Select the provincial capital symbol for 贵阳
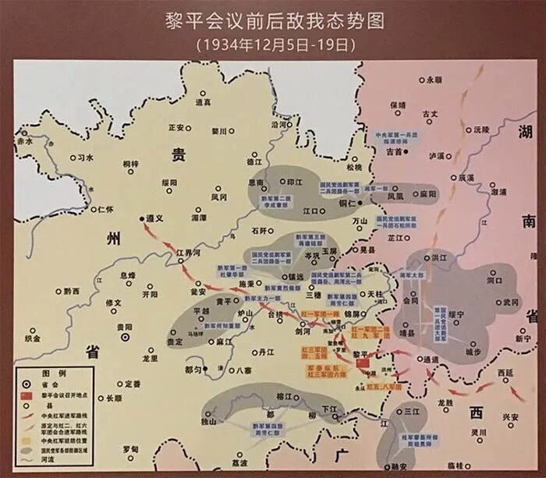125,338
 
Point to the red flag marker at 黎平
361,364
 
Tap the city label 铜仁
347,203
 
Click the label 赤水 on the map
25,141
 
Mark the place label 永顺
434,80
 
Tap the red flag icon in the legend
27,395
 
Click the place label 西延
505,374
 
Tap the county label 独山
208,422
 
